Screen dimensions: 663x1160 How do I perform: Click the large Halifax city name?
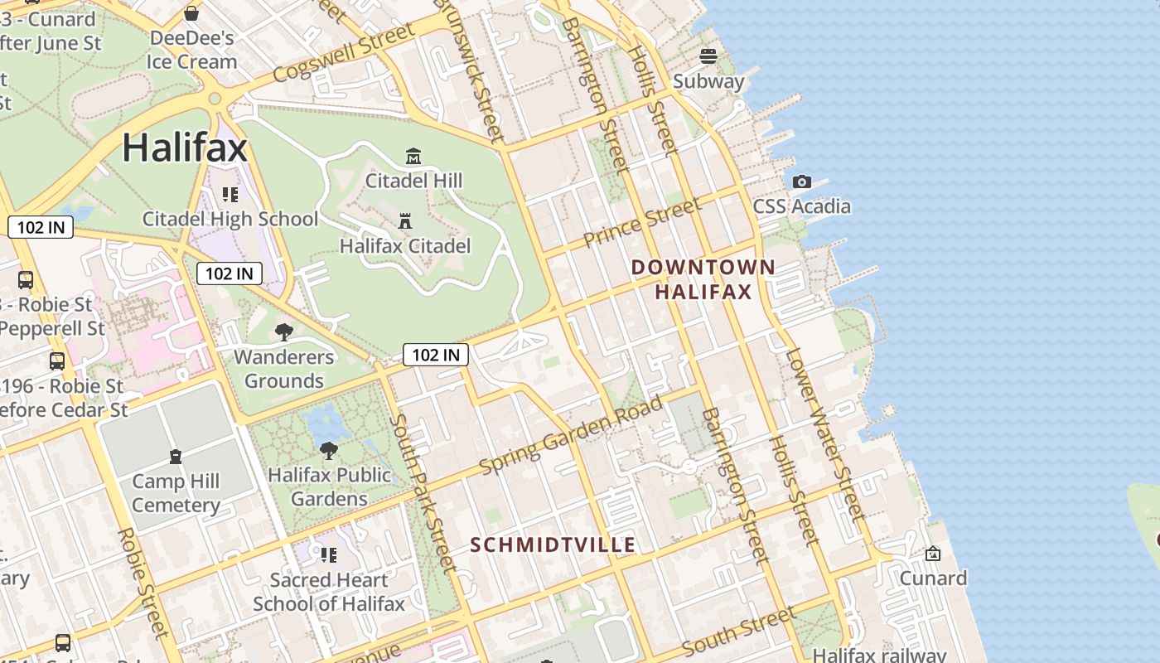tap(185, 148)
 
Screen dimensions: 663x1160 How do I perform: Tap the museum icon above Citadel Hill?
tap(413, 156)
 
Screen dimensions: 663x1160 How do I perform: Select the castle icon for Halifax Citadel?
tap(405, 221)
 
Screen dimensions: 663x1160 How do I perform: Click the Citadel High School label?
tap(230, 219)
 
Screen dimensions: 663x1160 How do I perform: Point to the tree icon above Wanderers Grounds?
tap(283, 332)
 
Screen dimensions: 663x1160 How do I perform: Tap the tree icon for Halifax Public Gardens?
tap(329, 451)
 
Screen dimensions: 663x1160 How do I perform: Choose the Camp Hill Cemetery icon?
tap(176, 457)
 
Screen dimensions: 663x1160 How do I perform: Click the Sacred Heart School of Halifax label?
tap(329, 592)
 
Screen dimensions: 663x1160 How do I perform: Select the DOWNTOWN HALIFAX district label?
tap(703, 279)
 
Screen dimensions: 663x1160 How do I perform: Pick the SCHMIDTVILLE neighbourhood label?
tap(553, 544)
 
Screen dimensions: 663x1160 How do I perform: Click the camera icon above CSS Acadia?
tap(801, 181)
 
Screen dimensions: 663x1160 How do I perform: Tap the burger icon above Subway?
tap(708, 56)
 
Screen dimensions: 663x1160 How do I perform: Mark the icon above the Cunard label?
tap(933, 553)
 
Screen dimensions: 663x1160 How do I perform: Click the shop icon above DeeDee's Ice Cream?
tap(191, 13)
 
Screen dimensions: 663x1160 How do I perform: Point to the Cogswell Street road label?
tap(343, 54)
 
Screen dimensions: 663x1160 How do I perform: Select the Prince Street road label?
tap(642, 223)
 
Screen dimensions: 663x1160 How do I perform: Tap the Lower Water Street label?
tap(824, 435)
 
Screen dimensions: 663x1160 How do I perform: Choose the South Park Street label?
tap(423, 494)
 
